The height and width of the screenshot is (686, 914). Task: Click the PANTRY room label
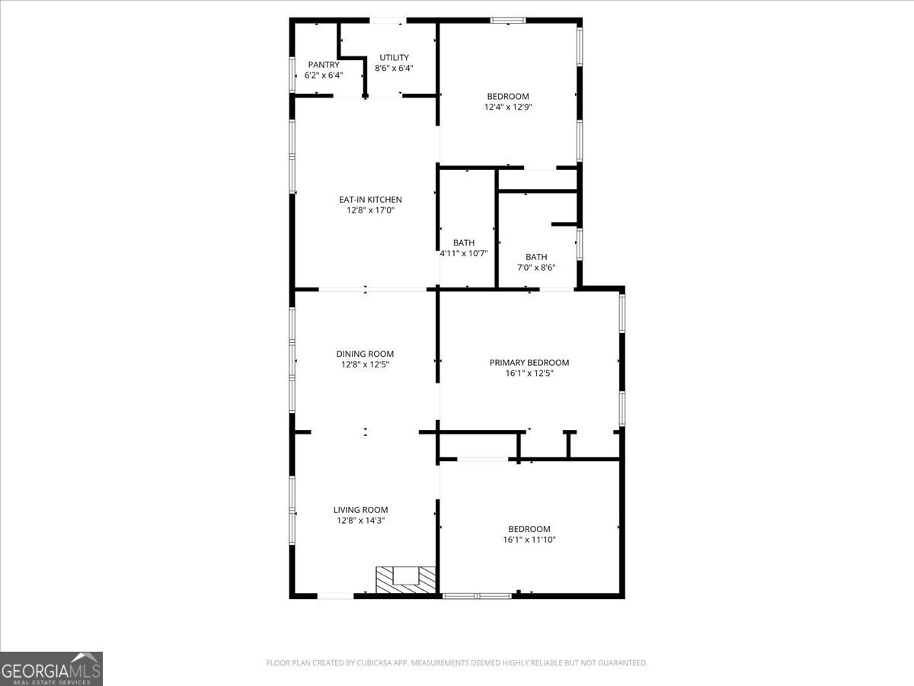(x=323, y=65)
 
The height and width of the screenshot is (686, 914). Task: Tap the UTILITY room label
(x=394, y=57)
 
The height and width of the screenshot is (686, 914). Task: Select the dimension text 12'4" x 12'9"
(x=508, y=107)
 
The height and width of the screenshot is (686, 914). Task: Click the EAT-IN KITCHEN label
(x=370, y=200)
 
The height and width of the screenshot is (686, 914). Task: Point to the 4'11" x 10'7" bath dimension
(x=463, y=253)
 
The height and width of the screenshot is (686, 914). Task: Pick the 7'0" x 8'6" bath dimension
(x=535, y=268)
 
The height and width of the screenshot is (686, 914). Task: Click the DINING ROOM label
(x=365, y=354)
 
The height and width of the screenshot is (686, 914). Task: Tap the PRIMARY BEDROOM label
(x=529, y=363)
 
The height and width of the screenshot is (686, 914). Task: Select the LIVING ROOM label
(x=360, y=510)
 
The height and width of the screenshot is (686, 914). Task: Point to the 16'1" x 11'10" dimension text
(x=529, y=540)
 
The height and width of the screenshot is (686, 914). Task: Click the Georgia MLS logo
(x=51, y=668)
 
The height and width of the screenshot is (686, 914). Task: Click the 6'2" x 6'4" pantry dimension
(x=323, y=75)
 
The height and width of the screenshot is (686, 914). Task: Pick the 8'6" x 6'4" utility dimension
(x=394, y=68)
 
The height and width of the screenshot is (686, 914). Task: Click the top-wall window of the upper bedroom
(x=507, y=21)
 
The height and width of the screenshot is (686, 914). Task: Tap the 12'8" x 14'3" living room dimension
(x=360, y=521)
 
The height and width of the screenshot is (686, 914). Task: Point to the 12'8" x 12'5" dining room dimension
(x=365, y=364)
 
